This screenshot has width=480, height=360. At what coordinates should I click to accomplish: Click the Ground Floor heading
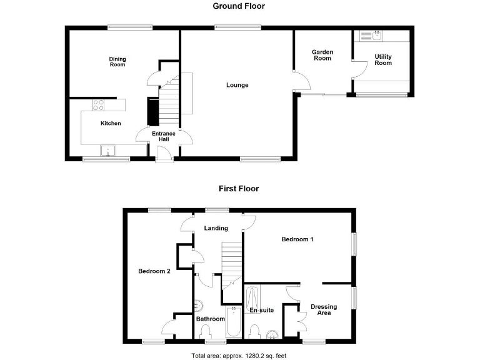coord(239,6)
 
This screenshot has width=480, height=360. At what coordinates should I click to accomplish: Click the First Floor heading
coord(238,188)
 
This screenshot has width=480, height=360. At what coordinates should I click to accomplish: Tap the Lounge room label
coord(237,85)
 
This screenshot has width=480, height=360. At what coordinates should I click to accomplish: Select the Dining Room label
coord(117,62)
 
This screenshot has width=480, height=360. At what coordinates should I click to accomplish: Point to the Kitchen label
coord(111,123)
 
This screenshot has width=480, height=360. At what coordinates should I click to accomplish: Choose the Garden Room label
coord(322,55)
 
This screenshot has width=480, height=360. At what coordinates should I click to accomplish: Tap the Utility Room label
coord(383,60)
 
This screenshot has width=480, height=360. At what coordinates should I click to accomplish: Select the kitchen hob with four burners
coord(99,105)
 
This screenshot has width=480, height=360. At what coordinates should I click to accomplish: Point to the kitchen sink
coord(108,151)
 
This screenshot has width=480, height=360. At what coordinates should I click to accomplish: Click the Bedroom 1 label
coord(297,239)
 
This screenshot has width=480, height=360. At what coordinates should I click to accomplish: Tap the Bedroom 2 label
coord(154,271)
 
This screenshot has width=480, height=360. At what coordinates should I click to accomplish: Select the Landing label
coord(216,228)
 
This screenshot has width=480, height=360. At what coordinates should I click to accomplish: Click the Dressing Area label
coord(324,309)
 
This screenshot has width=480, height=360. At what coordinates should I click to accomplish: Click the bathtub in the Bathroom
coord(232,323)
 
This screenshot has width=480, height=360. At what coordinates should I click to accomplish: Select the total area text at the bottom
coord(239,355)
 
